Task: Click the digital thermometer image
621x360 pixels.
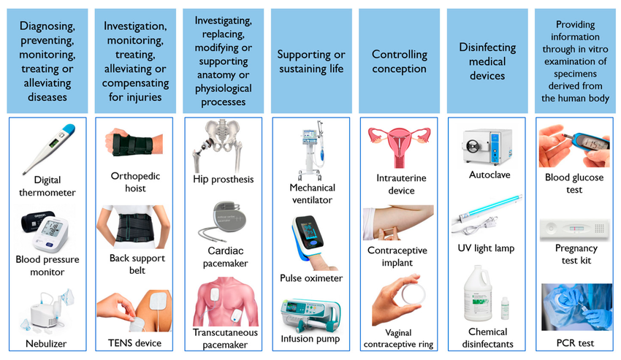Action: (x=48, y=146)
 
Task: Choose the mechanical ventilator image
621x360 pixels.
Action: (x=310, y=150)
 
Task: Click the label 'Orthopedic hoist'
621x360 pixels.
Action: (x=134, y=182)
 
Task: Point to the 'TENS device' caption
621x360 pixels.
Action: (x=135, y=342)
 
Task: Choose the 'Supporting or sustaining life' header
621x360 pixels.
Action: (x=310, y=61)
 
